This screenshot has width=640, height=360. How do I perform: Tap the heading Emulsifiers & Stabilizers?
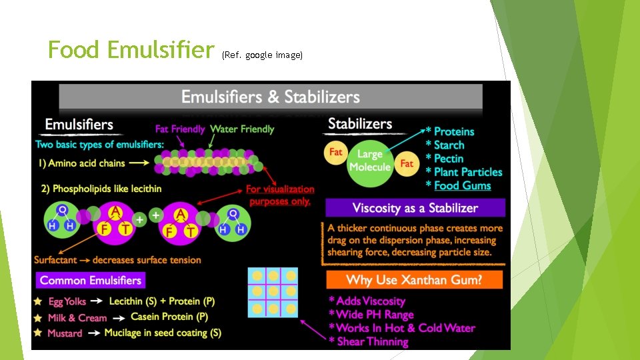tap(270, 97)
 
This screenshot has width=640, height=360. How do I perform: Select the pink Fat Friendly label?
tap(180, 129)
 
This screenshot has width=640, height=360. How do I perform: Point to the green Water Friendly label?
tap(242, 129)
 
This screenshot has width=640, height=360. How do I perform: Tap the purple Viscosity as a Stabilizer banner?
tap(415, 207)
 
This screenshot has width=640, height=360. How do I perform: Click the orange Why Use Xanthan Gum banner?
tap(414, 279)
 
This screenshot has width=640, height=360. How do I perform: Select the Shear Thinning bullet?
tap(371, 341)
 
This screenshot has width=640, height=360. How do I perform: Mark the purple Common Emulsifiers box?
tap(91, 280)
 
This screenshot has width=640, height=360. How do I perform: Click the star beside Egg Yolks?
tap(38, 301)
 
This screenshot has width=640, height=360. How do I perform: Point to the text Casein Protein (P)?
tap(169, 317)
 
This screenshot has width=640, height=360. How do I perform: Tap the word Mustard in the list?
tap(65, 333)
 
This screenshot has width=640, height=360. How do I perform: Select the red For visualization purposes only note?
tap(280, 195)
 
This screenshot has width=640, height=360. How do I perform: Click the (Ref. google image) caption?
tap(262, 55)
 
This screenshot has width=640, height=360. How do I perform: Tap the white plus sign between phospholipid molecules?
tap(140, 219)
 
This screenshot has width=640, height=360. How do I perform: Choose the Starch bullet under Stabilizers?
tap(449, 145)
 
